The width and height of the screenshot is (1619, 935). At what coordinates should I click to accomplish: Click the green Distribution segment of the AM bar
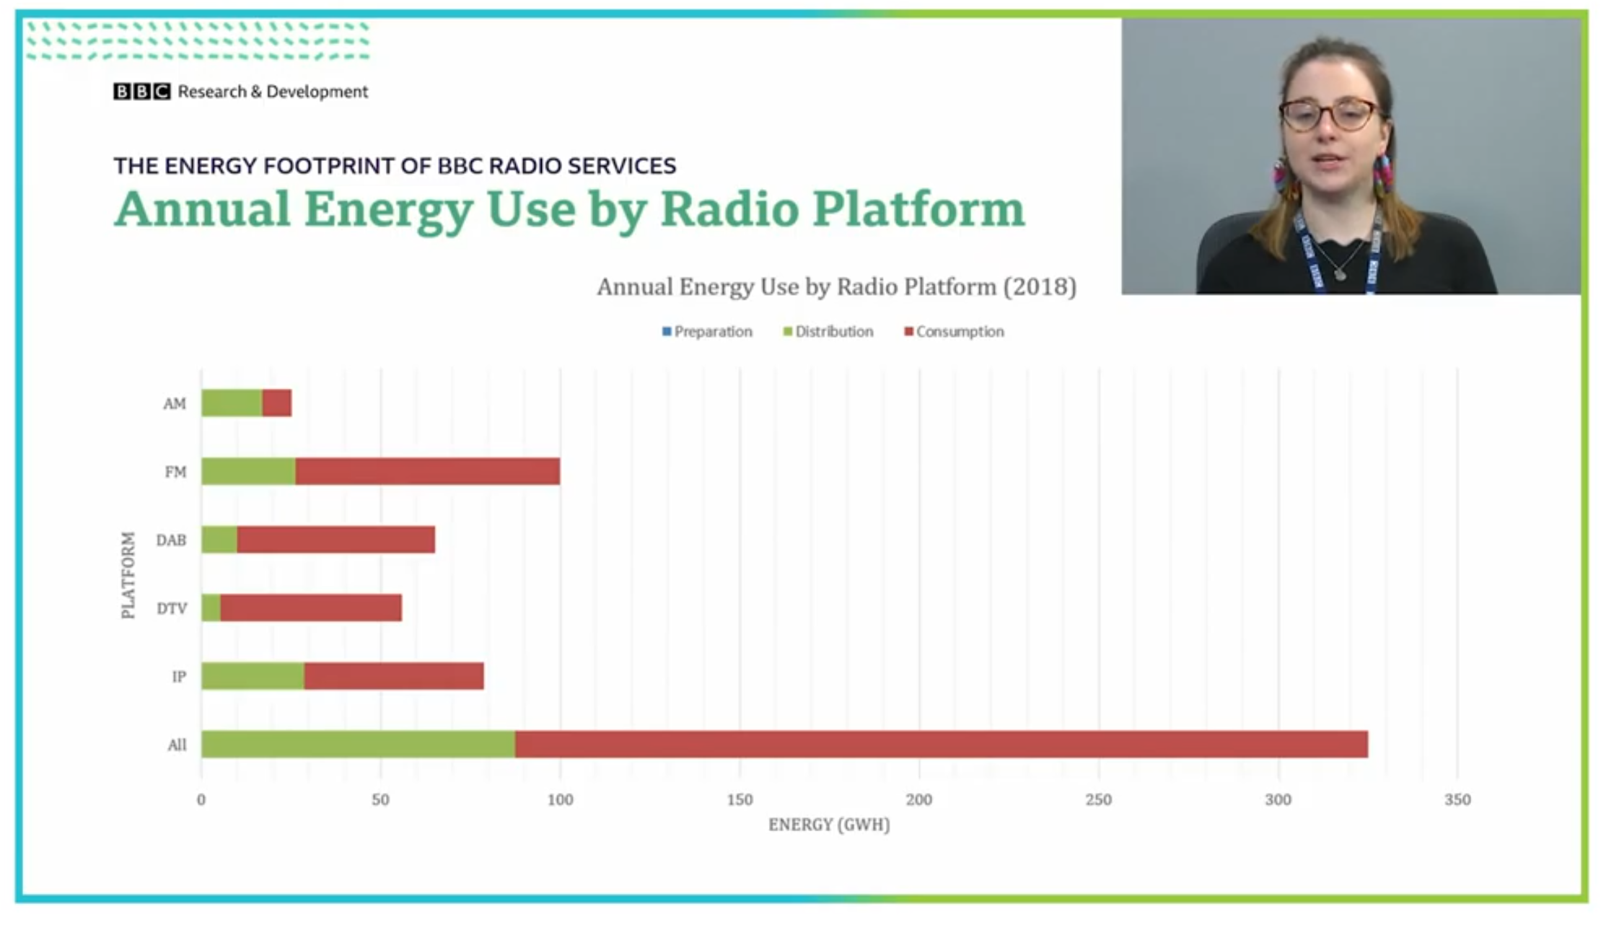(231, 403)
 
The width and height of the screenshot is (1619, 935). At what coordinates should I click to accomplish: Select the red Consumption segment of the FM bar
(427, 472)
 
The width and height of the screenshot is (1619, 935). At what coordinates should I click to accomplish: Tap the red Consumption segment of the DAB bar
(335, 540)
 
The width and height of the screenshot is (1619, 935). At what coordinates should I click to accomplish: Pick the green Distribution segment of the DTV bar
(211, 608)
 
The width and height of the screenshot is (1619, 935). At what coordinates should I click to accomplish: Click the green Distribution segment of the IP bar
(253, 676)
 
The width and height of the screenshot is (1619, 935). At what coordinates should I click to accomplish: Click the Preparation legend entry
(707, 332)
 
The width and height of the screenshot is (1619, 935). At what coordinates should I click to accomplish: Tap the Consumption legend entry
(954, 332)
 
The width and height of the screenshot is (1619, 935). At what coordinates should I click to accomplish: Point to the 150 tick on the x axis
(740, 799)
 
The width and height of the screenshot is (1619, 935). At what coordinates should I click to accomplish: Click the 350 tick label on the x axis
(1457, 799)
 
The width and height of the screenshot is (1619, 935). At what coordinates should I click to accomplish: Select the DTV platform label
(172, 608)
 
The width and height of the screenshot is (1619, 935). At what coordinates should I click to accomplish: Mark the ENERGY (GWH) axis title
(829, 825)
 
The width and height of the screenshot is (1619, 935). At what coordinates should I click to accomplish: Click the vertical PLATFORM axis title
(128, 575)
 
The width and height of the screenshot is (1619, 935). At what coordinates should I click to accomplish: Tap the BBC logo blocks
(141, 92)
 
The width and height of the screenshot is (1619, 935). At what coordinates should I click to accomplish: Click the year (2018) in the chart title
(1040, 287)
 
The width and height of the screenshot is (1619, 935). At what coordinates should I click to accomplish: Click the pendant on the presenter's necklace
(1340, 274)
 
